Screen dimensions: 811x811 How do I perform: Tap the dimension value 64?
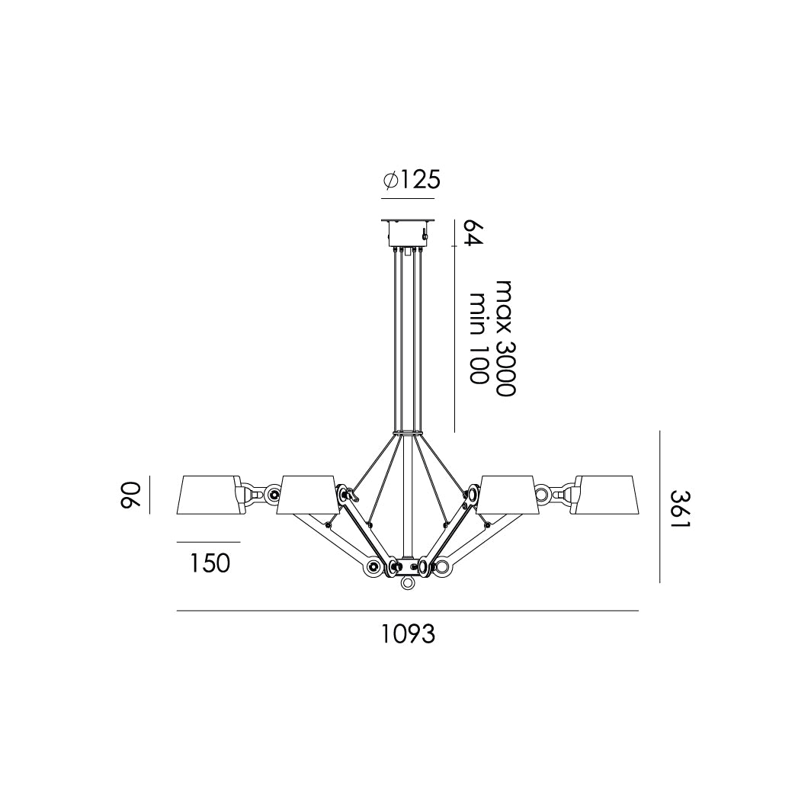pos(473,233)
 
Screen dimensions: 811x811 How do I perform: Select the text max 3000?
pos(505,338)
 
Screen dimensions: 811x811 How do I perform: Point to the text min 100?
pos(478,338)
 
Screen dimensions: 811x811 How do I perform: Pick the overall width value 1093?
pos(409,633)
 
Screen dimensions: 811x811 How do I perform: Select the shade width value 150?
pos(209,563)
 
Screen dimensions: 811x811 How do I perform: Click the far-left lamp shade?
pos(207,495)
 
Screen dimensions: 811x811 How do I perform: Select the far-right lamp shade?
pos(607,495)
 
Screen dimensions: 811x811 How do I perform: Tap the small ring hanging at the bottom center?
pos(409,583)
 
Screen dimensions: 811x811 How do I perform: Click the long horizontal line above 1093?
pos(408,611)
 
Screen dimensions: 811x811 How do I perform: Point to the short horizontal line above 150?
pos(208,542)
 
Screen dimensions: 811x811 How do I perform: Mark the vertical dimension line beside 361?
pos(660,507)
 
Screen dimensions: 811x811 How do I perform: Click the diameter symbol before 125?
pos(390,181)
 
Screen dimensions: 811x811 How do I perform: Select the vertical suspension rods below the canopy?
pos(409,339)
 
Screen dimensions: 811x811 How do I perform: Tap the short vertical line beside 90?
pos(149,495)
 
